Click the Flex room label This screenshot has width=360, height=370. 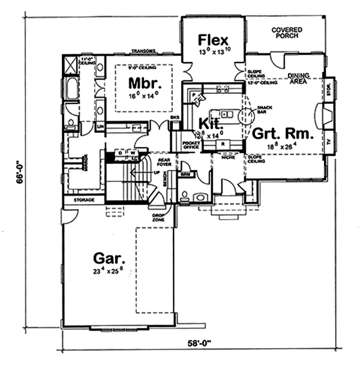213,41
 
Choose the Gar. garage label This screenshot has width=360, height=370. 109,259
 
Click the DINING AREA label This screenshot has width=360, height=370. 298,78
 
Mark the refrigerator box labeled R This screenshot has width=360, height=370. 223,144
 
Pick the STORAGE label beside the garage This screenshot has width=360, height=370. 85,199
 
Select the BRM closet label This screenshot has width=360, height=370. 185,174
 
